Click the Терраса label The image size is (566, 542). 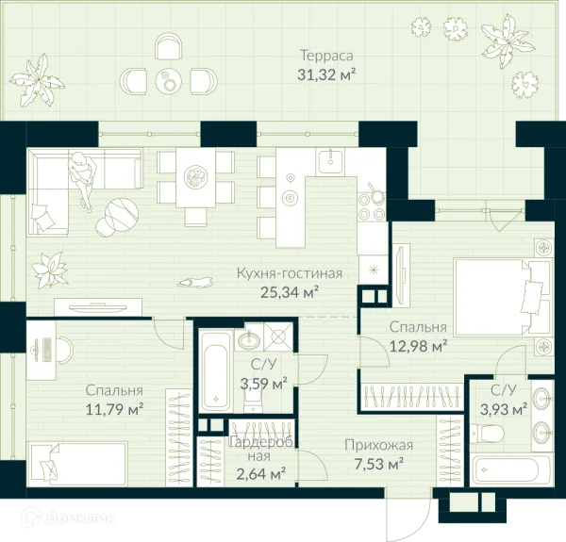click(x=326, y=56)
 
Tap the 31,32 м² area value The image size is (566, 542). click(x=326, y=75)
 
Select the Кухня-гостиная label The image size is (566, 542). click(x=290, y=273)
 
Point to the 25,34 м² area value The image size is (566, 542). click(x=290, y=292)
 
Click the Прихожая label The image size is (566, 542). click(x=378, y=445)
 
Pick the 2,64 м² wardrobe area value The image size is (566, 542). click(x=261, y=473)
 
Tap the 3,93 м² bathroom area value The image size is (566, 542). click(x=504, y=409)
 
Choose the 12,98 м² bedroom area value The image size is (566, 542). click(x=418, y=346)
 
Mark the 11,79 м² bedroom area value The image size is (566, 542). click(x=114, y=409)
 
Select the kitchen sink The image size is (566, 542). click(x=330, y=161)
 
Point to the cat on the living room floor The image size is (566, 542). click(x=194, y=282)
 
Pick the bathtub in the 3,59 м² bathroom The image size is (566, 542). click(x=216, y=371)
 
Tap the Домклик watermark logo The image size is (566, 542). click(x=69, y=518)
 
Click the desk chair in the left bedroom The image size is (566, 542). click(x=65, y=350)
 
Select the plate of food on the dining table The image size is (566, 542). click(x=195, y=176)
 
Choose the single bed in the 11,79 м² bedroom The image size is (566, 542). click(x=78, y=464)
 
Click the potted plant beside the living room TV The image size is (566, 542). click(x=50, y=271)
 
